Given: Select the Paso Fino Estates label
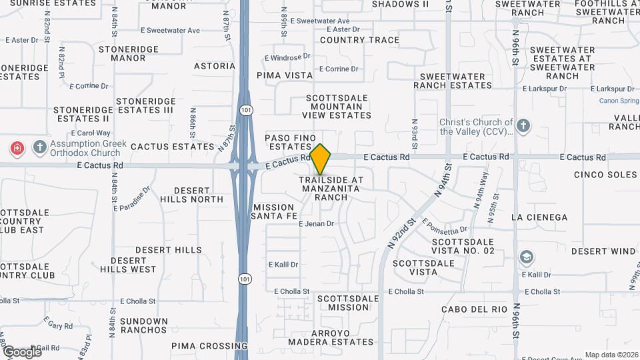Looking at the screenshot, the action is [x=290, y=142].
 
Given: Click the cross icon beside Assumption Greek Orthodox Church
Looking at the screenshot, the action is [x=39, y=147].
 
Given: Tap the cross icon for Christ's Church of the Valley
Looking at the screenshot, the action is [x=523, y=125].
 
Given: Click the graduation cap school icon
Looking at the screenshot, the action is [x=527, y=257].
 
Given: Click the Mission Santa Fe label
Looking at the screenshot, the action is [x=273, y=211].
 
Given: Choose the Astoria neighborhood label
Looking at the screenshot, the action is [x=215, y=66].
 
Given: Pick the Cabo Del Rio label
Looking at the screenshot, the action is [x=475, y=309].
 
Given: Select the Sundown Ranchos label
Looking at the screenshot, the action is [x=144, y=325].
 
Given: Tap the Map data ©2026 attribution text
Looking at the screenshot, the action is [x=611, y=355].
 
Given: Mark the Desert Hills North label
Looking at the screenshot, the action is [x=197, y=195].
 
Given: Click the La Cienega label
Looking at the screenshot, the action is [x=539, y=217].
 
